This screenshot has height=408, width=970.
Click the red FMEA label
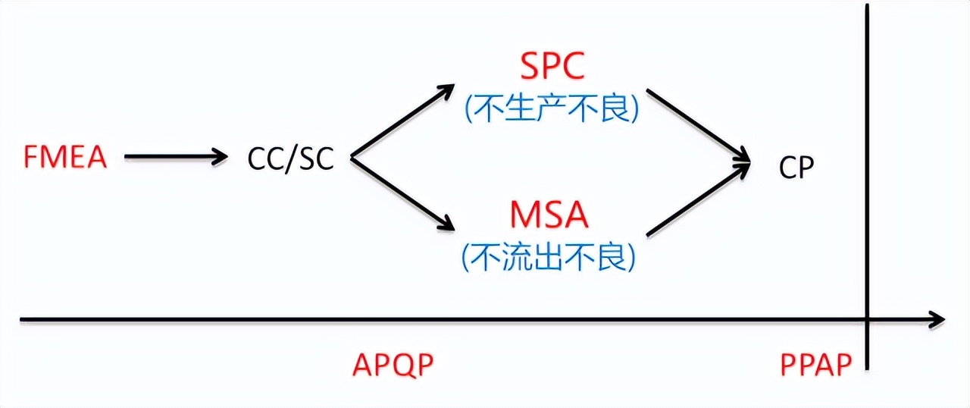click(x=65, y=158)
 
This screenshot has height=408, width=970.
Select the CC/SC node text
click(x=290, y=158)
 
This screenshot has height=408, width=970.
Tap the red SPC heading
click(x=552, y=67)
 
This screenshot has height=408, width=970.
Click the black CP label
click(x=796, y=168)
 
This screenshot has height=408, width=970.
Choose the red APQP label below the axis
click(x=393, y=366)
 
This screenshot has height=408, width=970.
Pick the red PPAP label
click(x=816, y=366)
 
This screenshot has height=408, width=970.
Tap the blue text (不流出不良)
click(x=549, y=259)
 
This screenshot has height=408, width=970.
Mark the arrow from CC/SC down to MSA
click(x=402, y=194)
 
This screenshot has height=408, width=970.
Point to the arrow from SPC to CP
click(x=697, y=124)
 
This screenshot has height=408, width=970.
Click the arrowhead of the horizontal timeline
click(x=938, y=319)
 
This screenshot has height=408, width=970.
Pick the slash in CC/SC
click(x=290, y=158)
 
